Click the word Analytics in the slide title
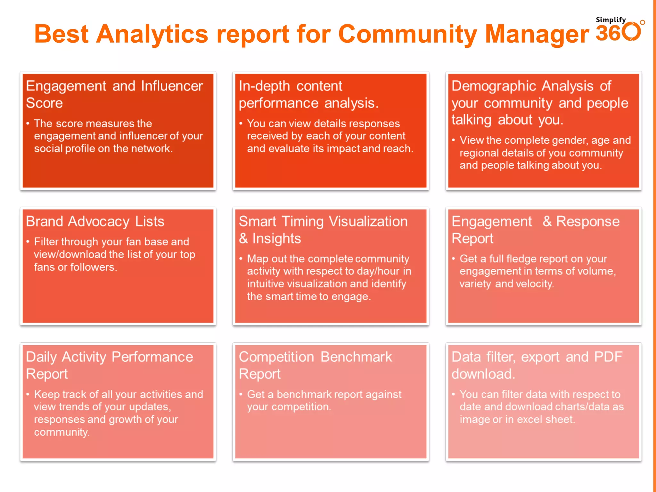point(152,34)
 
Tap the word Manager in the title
point(537,34)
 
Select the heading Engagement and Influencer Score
point(114,94)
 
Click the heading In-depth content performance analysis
point(308,94)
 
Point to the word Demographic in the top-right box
point(494,86)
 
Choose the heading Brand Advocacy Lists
point(95,222)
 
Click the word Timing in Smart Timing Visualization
point(303,222)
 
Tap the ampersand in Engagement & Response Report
point(547,221)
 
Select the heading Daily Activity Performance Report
point(109,365)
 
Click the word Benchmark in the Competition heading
point(356,357)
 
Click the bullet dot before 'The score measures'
point(28,123)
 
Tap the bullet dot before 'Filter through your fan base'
point(28,242)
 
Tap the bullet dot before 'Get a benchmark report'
point(241,394)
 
